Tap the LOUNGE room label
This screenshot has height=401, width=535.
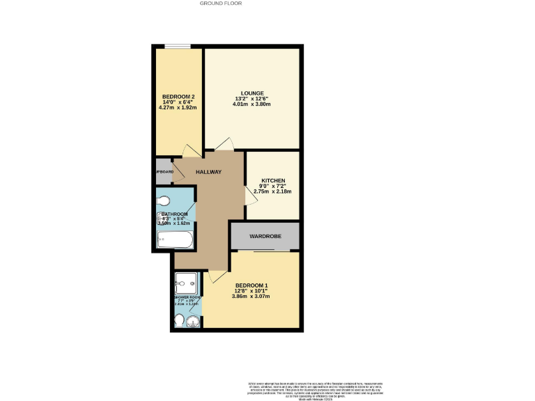coord(251,93)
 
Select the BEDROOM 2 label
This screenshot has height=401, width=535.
coord(178,96)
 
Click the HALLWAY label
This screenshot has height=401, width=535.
coord(208,172)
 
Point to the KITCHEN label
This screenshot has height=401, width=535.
coord(274,180)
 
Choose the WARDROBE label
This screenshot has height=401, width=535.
coord(265,237)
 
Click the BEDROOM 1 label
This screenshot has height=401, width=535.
coord(251,285)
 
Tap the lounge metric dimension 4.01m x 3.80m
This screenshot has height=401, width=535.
coord(251,104)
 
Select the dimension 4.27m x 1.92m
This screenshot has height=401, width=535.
coord(178,108)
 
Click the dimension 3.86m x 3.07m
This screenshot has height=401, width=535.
coord(251,296)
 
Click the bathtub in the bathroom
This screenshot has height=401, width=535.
coord(175,240)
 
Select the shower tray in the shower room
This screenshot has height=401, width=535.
coord(187,282)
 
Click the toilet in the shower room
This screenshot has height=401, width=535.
coord(178,320)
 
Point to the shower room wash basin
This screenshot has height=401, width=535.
coord(192,321)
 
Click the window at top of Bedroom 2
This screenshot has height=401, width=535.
coord(178,47)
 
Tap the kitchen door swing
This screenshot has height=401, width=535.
coord(250,196)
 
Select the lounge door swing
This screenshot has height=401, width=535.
coord(224,144)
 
